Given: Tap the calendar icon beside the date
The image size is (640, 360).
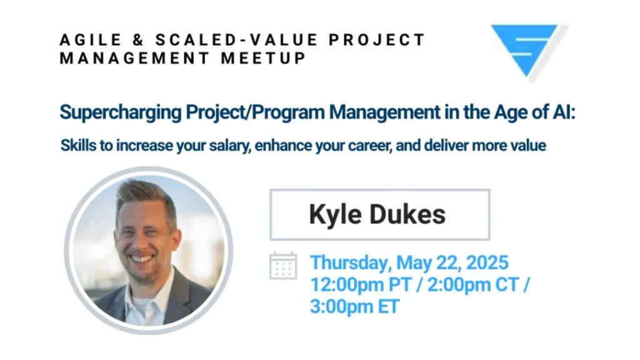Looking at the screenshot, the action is tap(283, 266).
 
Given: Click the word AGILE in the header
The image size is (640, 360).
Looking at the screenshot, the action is tap(91, 40).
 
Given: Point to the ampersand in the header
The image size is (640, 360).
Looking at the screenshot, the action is tap(138, 40).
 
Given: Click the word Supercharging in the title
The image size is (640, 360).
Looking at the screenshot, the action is tap(121, 112).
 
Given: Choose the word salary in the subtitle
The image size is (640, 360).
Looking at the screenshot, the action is tap(230, 146).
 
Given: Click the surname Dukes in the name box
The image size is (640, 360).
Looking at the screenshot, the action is tap(407, 214).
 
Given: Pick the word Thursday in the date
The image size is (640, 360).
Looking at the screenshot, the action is tap(349, 263).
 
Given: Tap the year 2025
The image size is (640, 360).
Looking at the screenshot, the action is tap(487, 262).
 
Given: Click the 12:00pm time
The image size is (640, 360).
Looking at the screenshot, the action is tap(347, 284).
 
